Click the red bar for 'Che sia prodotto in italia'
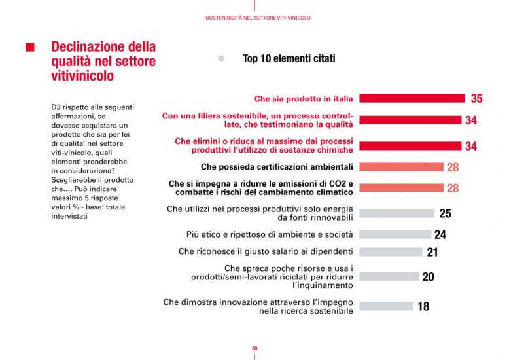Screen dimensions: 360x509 coord(412,99)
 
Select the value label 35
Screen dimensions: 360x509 coord(476,99)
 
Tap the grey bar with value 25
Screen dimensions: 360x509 coord(396,213)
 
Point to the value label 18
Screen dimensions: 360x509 coord(423,306)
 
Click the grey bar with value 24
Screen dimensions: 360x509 coord(395,234)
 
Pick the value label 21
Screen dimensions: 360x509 coord(432,252)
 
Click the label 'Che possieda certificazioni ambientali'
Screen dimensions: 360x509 coord(277,167)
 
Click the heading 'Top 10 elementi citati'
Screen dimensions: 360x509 coord(289,59)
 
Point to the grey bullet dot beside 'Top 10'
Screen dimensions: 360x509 coord(221,59)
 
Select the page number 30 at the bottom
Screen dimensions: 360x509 coord(254,348)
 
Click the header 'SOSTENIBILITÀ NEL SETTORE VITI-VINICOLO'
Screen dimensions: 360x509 coord(254,18)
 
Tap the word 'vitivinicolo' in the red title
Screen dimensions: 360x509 coord(82,76)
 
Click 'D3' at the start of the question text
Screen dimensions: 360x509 coord(56,107)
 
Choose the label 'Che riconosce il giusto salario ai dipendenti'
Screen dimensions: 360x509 coord(266,251)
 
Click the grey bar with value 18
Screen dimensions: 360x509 coord(386,306)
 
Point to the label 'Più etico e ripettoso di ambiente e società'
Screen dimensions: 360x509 coord(270,234)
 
